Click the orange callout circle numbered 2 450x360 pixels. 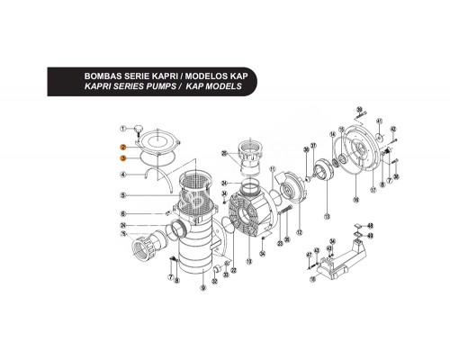[x=122, y=146]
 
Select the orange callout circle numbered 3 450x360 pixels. [x=122, y=157]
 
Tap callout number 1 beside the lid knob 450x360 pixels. [x=122, y=131]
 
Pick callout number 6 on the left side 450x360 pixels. [x=122, y=213]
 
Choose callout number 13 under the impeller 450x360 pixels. [x=326, y=218]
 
